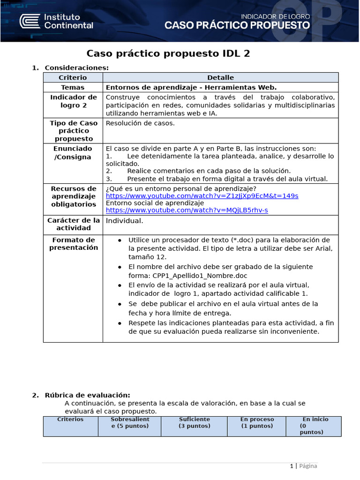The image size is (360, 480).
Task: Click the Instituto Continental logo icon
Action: [29, 21]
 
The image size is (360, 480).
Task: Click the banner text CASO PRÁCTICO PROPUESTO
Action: [237, 25]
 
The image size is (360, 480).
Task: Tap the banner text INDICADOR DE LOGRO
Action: [275, 16]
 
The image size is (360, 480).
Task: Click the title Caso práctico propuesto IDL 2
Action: [169, 53]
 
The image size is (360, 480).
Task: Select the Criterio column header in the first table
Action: [73, 77]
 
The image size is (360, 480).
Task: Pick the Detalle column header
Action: [220, 77]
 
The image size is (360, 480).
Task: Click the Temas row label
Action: [73, 87]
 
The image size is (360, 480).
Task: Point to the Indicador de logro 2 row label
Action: [73, 101]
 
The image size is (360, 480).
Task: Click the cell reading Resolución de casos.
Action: [140, 123]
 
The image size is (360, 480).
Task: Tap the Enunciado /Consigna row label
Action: [73, 152]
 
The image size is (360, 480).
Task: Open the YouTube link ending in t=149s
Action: [202, 195]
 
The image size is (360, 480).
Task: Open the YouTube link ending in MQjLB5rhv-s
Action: [187, 210]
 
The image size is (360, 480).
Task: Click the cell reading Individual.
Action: [125, 221]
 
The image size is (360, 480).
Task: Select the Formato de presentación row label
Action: [73, 244]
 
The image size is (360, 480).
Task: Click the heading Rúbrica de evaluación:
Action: [87, 395]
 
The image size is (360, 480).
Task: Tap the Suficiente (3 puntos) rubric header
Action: [195, 422]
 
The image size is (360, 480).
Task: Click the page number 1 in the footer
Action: [291, 466]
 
